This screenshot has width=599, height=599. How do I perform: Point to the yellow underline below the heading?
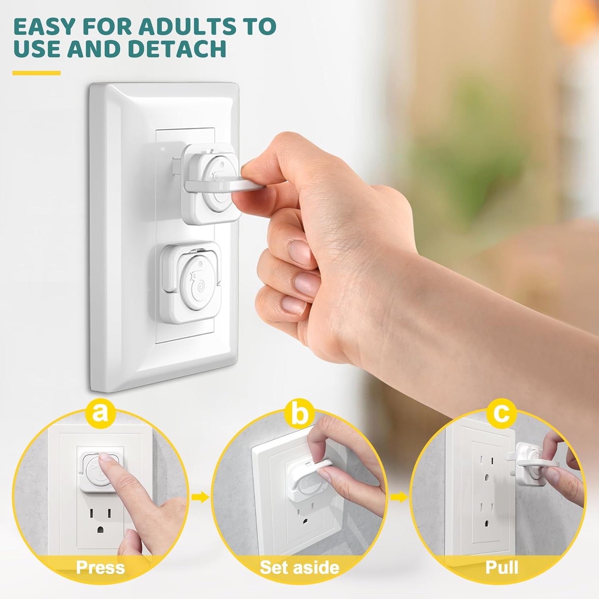pyautogui.click(x=36, y=73)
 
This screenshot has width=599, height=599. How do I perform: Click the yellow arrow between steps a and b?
pyautogui.click(x=200, y=497)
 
